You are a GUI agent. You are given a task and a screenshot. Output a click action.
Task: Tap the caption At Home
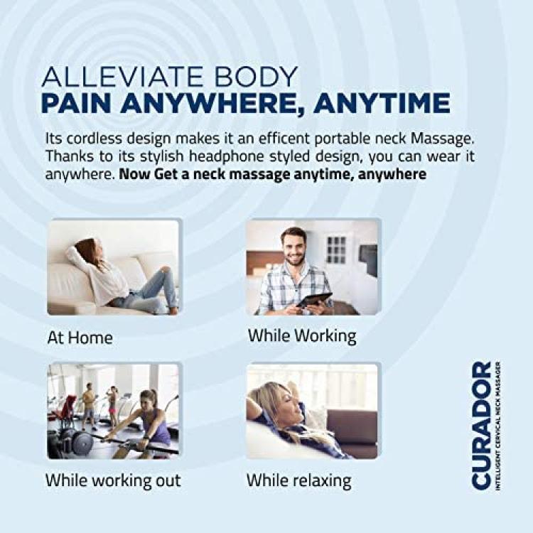click(80, 338)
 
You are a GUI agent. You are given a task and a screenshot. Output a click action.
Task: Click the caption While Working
click(302, 336)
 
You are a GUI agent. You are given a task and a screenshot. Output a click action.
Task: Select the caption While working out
click(113, 481)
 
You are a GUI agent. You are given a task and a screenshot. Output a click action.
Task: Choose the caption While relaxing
click(299, 481)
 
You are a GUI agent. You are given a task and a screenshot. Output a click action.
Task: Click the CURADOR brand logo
click(486, 426)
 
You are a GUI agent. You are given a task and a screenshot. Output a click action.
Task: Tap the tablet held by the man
click(313, 301)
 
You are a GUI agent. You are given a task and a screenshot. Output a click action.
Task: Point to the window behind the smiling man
click(336, 250)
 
